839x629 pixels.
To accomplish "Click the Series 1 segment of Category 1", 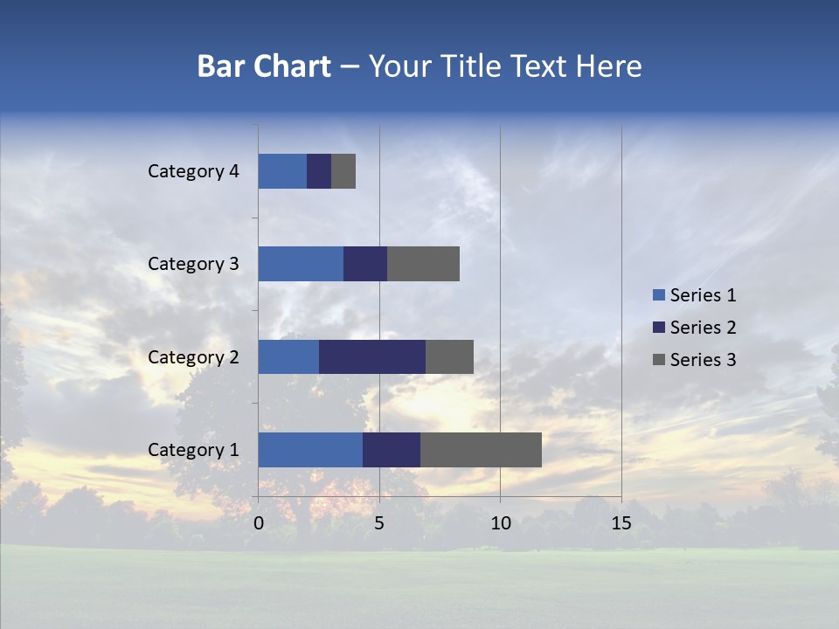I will coord(310,450).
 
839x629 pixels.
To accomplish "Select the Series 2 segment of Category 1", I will coord(392,450).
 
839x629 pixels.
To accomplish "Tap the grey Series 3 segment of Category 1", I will coord(481,450).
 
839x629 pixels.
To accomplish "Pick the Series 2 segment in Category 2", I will coord(372,356).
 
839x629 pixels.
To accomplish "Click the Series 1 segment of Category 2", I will coord(288,356).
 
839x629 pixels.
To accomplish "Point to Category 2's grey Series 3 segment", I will coord(449,356).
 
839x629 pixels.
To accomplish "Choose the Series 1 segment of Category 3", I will coord(301,264).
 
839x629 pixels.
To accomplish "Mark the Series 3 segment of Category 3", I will coord(423,264).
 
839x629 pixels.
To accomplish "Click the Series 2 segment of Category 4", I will coord(319,171).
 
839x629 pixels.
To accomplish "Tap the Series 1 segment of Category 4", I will coord(282,171).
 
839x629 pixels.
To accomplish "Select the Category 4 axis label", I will coord(193,171).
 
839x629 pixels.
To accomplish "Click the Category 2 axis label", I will coord(193,356).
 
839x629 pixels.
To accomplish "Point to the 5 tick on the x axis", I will coord(379,523).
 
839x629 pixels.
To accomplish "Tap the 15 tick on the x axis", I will coord(621,523).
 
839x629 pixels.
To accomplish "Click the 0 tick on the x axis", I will coord(259,523).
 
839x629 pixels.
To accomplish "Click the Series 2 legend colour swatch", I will coord(658,328).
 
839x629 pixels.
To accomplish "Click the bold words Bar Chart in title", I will coord(264,66).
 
